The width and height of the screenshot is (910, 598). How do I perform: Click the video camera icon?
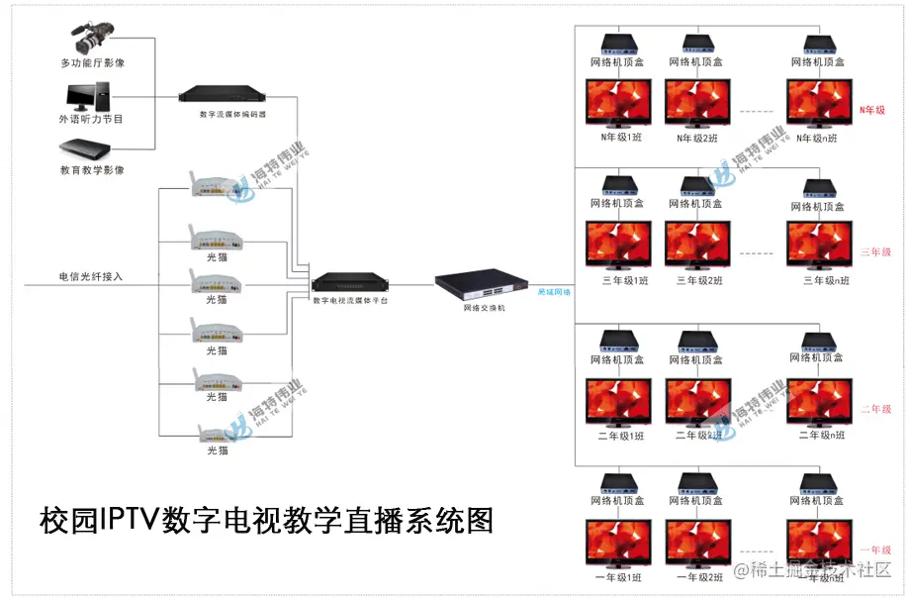(x=91, y=40)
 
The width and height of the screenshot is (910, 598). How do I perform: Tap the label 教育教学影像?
(x=92, y=170)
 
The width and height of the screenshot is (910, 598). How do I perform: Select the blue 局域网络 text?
(x=554, y=293)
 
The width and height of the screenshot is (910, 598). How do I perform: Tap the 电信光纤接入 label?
(x=91, y=277)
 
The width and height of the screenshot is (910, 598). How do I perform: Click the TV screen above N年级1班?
(x=621, y=103)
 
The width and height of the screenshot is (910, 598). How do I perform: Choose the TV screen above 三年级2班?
(x=697, y=245)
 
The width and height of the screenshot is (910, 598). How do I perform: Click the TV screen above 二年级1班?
(x=620, y=401)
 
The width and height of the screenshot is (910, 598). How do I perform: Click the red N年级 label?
(x=871, y=111)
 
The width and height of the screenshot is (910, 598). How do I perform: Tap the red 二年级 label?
(x=875, y=409)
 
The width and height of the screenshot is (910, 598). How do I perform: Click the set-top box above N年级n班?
(x=819, y=45)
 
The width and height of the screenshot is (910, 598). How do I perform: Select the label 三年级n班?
(x=825, y=281)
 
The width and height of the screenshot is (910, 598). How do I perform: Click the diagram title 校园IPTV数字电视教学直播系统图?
(x=266, y=520)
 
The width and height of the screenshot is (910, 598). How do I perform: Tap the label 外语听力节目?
(x=91, y=120)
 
